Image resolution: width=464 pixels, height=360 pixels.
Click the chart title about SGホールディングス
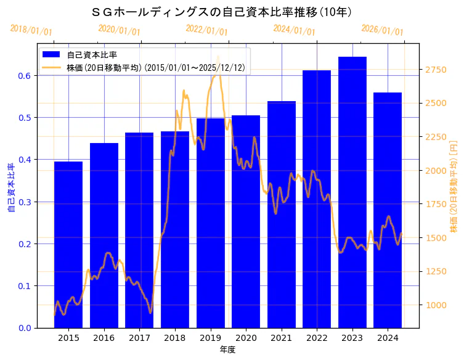tap(221, 12)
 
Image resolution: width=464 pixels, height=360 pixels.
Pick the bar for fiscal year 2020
tap(246, 221)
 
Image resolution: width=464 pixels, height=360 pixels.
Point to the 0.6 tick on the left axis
tap(26, 76)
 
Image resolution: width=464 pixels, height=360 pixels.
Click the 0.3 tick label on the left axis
tap(26, 202)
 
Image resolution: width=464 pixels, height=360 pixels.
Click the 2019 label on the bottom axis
tap(210, 338)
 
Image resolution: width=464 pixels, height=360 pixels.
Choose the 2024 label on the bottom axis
tap(388, 338)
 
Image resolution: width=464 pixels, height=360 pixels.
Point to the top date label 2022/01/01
tap(206, 30)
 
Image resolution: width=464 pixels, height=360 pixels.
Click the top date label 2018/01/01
tap(31, 30)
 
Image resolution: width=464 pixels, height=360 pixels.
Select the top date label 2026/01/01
tap(382, 30)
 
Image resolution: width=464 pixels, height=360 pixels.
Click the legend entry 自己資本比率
tap(92, 55)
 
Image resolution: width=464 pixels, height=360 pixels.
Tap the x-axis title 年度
tap(227, 350)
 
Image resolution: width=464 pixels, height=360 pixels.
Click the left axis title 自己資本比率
tap(11, 188)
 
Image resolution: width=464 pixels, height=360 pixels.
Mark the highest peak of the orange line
tap(218, 57)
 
